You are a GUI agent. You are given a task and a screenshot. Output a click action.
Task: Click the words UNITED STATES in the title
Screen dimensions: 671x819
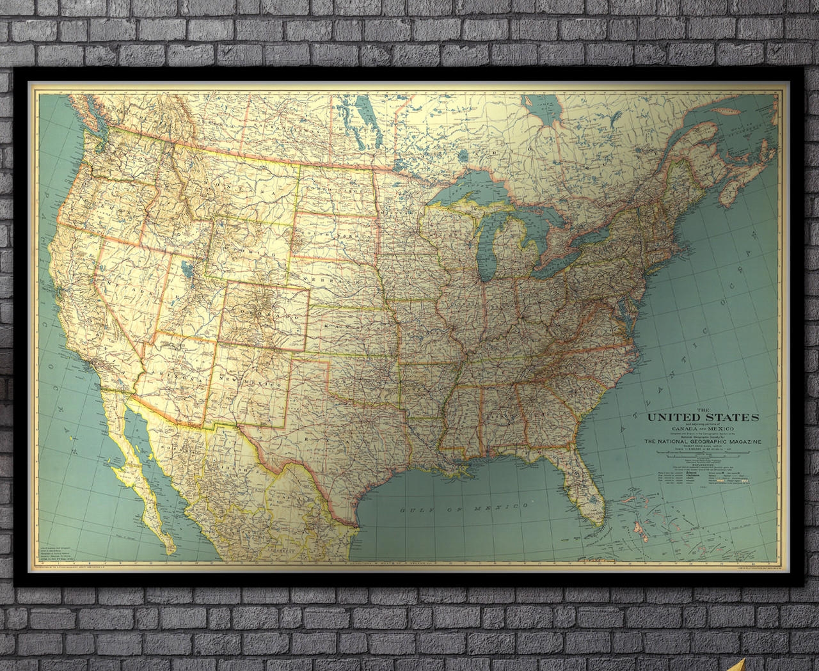(703, 418)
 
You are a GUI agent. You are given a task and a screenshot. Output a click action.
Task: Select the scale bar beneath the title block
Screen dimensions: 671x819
(702, 455)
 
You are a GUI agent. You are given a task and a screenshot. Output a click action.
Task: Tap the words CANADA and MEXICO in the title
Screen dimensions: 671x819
(702, 427)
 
